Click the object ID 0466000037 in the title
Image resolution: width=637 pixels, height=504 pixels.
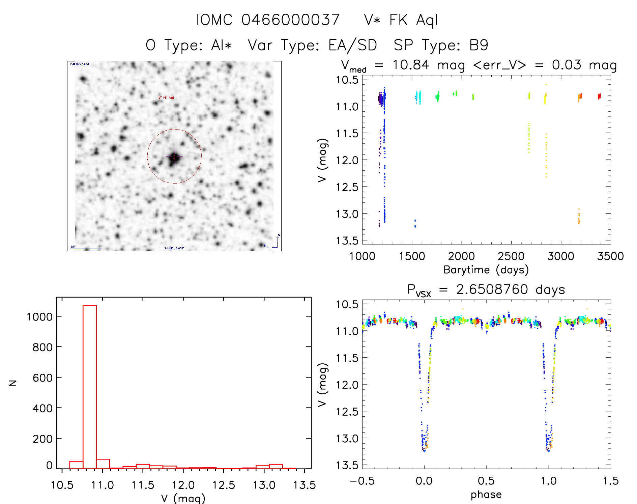[290, 20]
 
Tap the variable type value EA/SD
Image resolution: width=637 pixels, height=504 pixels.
[353, 45]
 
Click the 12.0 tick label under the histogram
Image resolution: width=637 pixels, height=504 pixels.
[183, 485]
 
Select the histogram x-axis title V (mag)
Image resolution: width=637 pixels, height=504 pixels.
[183, 498]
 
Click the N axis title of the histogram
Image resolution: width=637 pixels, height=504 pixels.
[13, 383]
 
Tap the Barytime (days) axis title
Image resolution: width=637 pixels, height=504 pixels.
[486, 270]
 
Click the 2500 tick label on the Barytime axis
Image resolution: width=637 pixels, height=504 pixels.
[511, 256]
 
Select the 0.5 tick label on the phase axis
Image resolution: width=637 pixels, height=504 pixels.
[486, 481]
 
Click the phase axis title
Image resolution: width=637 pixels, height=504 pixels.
[486, 495]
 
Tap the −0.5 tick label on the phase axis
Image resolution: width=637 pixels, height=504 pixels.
[362, 481]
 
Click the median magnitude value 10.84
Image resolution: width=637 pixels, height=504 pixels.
[411, 65]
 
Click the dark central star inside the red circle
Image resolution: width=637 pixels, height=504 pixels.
[174, 158]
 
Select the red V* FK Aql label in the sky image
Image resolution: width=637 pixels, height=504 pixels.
[166, 97]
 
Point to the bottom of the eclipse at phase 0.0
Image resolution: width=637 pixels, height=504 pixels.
[424, 450]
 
